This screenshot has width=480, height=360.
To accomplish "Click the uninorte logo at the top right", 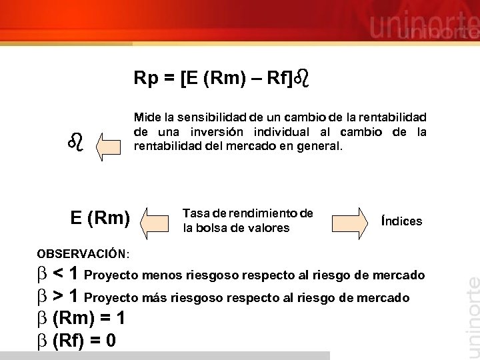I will tap(424, 27).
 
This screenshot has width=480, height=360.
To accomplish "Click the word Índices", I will tap(401, 221).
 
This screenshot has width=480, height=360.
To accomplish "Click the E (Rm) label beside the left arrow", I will tap(100, 217).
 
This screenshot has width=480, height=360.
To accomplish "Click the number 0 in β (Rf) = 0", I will tap(110, 341).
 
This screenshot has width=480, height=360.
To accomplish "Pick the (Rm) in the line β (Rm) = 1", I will tap(71, 319).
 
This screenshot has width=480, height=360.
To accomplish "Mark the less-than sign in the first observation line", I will tap(58, 273).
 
